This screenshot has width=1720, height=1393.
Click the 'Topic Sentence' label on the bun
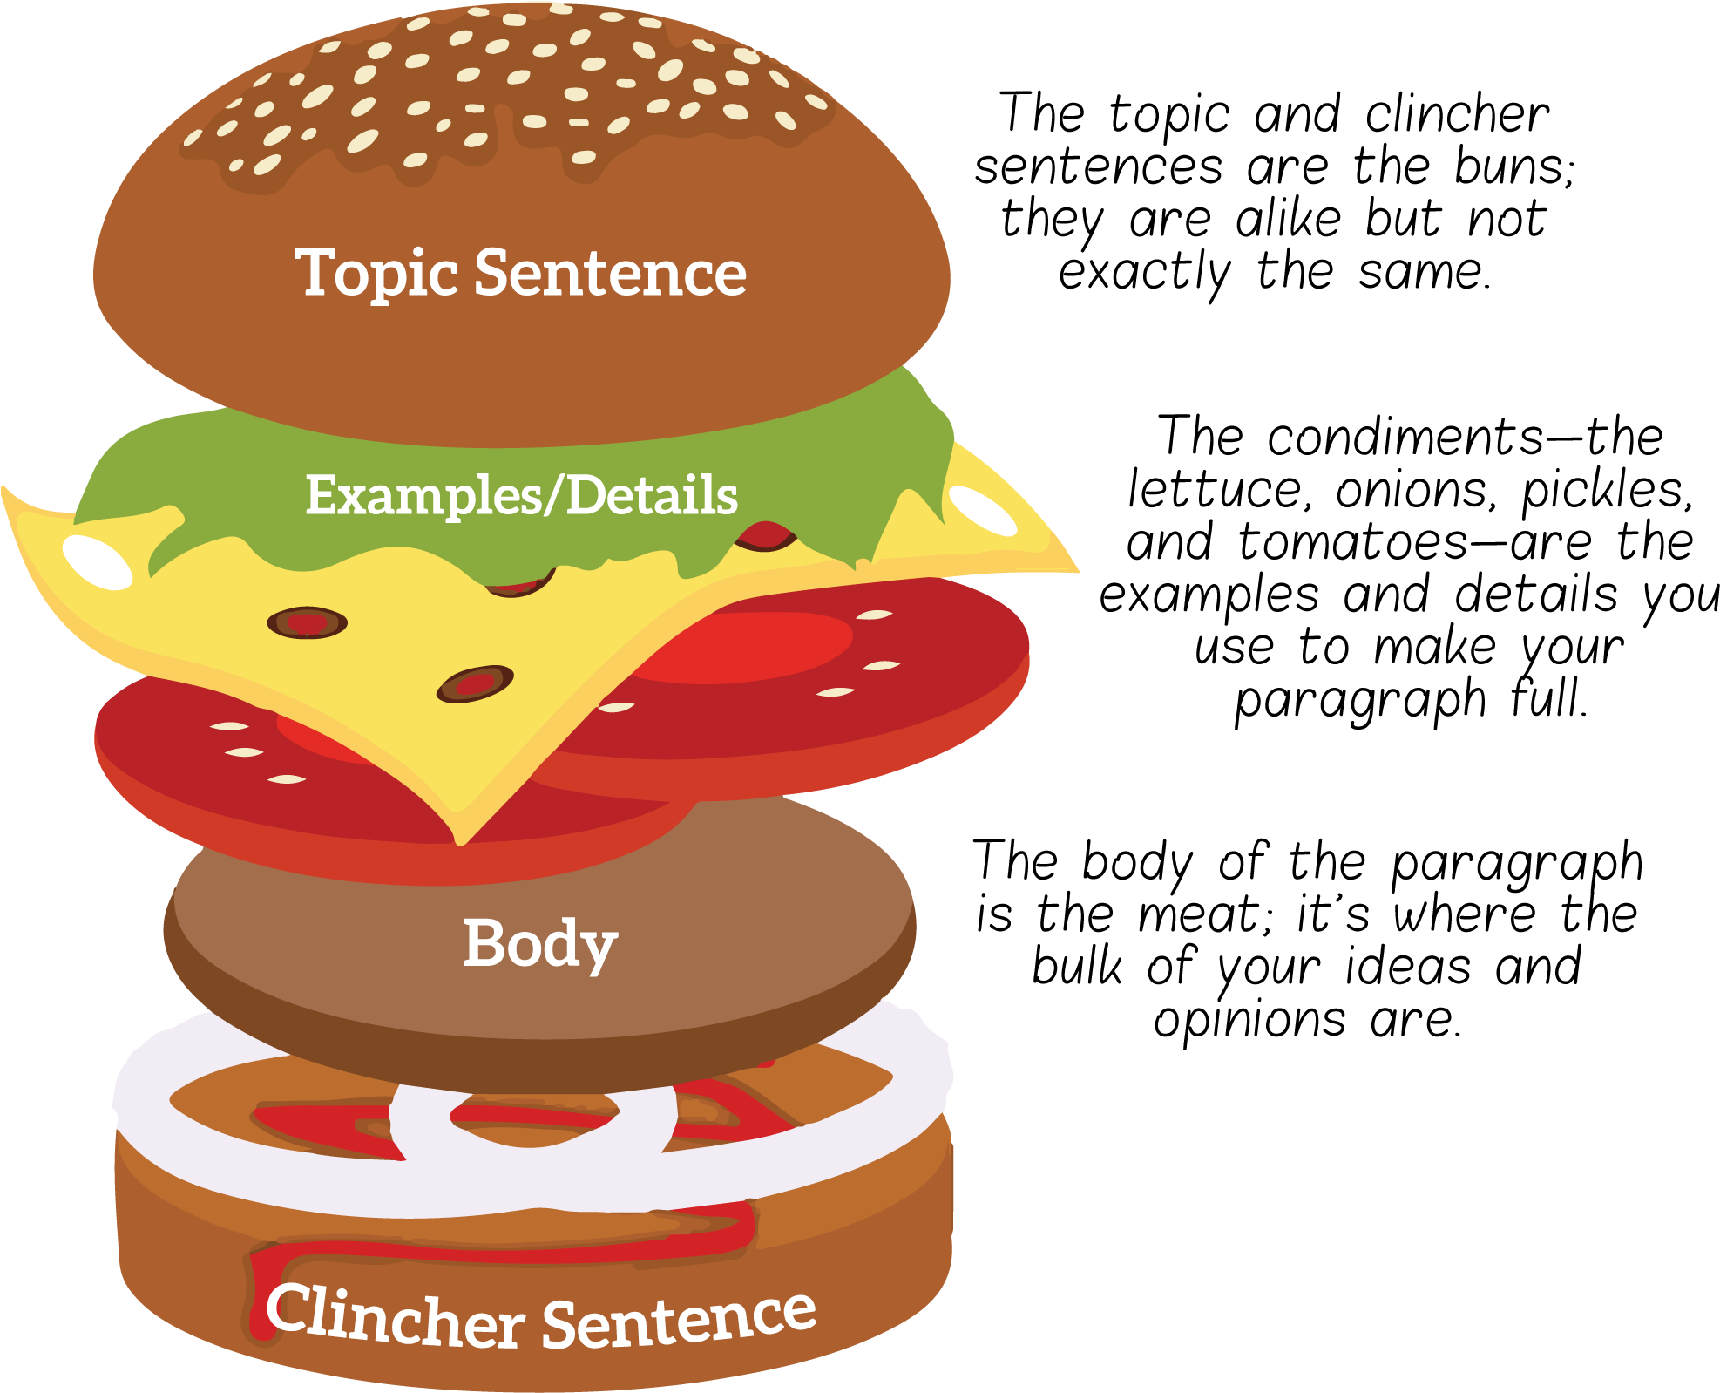coord(521,273)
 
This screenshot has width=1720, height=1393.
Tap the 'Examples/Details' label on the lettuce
coord(521,495)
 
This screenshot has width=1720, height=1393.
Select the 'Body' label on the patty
coord(540,945)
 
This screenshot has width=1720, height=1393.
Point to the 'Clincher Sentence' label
coord(540,1316)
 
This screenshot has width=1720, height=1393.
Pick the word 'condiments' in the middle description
coord(1405,436)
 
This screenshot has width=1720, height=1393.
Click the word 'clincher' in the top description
coord(1458,113)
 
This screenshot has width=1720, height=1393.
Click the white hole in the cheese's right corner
coord(983,510)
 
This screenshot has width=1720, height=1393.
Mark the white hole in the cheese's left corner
coord(98,562)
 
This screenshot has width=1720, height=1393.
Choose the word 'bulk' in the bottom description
coord(1077,967)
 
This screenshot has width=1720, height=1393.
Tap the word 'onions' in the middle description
coord(1415,489)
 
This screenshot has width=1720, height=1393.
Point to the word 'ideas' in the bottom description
coord(1409,967)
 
